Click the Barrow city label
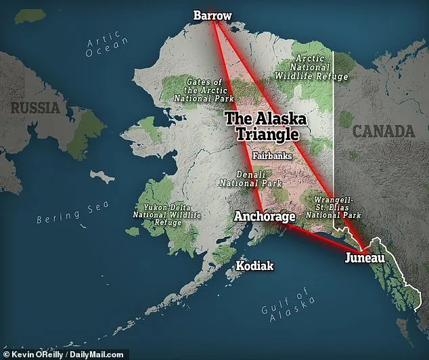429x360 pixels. (x=212, y=14)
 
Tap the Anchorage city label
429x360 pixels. (x=265, y=217)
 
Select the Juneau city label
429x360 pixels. (x=365, y=258)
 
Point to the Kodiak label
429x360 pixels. (x=254, y=266)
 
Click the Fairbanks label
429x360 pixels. (x=272, y=156)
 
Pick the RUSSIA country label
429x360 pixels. (x=35, y=106)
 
